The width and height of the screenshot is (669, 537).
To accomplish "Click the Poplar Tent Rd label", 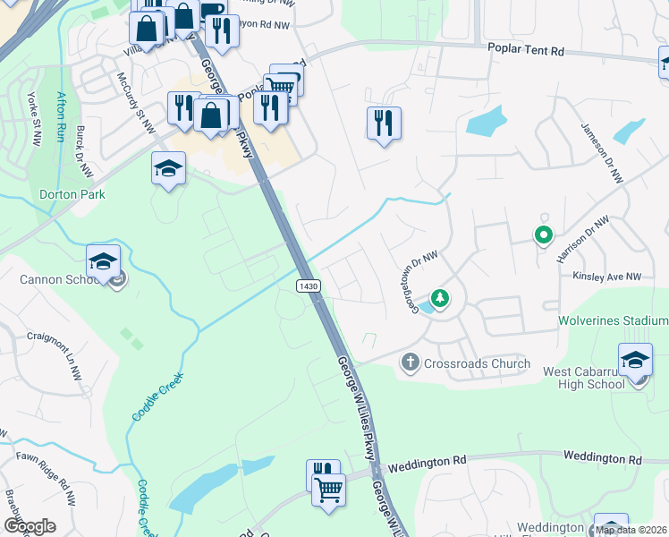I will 525,51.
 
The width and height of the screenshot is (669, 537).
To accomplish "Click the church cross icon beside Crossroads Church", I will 410,362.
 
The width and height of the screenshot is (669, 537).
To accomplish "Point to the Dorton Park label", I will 72,194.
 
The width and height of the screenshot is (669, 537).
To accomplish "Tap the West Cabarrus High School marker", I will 635,362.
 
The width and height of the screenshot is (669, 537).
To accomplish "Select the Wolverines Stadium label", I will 614,320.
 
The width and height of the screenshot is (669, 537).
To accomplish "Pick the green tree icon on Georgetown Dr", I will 439,296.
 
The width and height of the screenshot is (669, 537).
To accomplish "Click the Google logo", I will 30,526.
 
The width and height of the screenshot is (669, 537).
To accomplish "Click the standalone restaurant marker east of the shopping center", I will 384,124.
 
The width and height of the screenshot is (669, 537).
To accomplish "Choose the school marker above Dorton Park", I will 168,170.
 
